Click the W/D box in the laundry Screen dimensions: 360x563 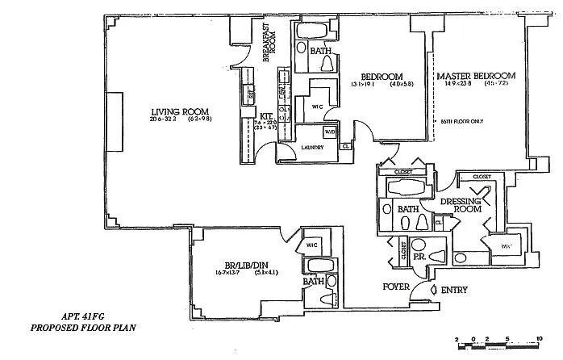(329, 131)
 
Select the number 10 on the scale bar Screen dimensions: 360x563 (538, 339)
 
